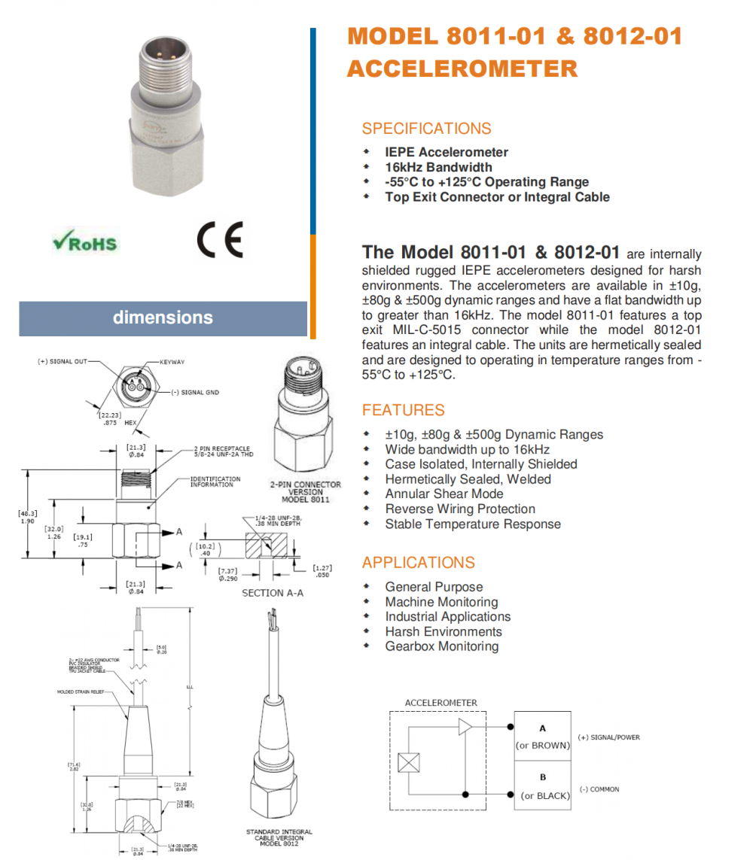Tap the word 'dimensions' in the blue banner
pos(163,318)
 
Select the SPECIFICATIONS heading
pos(426,129)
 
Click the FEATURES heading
pos(403,410)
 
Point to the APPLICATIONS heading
pos(418,563)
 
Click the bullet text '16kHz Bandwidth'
pos(438,167)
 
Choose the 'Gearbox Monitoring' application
pos(441,646)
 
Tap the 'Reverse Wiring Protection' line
pos(460,509)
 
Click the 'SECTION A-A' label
pos(273,593)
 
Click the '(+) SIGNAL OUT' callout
pos(62,362)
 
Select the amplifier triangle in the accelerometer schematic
pos(465,727)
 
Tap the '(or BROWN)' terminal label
pos(541,746)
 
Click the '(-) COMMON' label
pos(599,789)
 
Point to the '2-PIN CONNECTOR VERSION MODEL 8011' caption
pos(305,492)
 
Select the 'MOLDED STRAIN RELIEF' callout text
pos(80,691)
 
